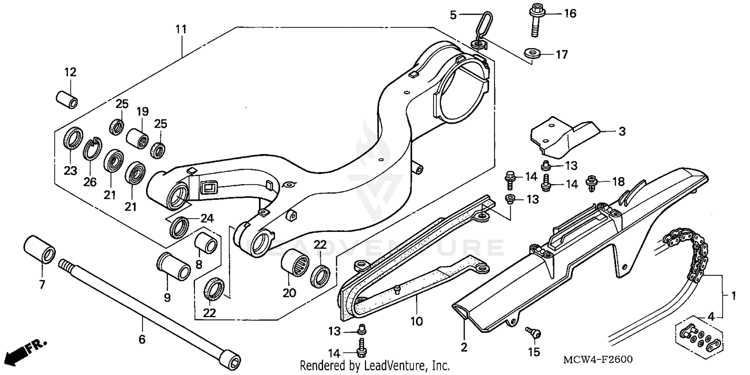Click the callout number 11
(180, 29)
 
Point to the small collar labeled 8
(206, 242)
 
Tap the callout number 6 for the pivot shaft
(141, 339)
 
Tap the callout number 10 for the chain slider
(416, 319)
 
